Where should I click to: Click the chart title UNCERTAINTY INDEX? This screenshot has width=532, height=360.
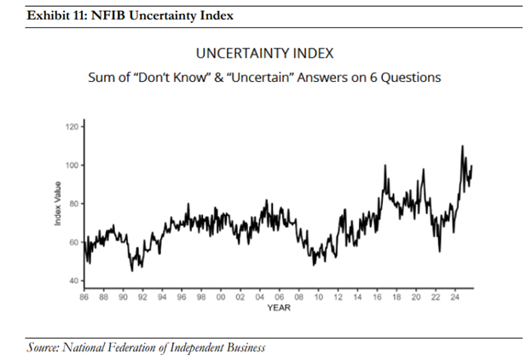coord(265,53)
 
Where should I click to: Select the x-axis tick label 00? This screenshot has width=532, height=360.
coord(221,298)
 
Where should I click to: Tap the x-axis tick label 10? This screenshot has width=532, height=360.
coord(318,298)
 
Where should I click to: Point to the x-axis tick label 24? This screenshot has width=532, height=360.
coord(454,298)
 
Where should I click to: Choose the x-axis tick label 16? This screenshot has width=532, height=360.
coord(377,298)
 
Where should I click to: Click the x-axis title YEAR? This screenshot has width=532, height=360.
coord(279,307)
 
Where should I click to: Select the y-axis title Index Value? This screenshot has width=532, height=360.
coord(57,204)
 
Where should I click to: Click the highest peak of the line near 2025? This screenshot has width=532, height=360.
coord(462,146)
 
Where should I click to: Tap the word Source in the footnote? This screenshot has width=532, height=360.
coord(44,347)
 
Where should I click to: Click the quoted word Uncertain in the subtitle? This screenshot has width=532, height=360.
coord(285,78)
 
